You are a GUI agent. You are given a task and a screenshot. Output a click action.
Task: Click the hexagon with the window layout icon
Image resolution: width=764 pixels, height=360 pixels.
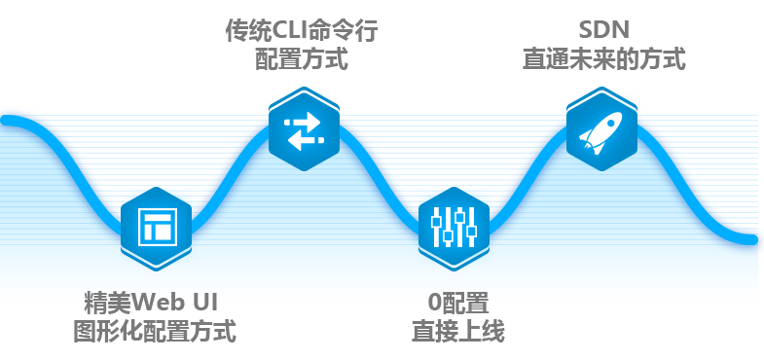coord(156,228)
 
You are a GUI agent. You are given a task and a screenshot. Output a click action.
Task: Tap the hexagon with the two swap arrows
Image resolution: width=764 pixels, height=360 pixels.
coord(303,130)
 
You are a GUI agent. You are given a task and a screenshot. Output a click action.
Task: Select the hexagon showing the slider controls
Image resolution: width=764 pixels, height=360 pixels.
coord(454,228)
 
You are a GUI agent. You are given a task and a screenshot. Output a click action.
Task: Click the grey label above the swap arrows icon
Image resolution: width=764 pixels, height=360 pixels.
coord(301,44)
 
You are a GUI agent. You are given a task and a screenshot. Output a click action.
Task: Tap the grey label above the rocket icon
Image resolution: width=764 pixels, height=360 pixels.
coord(603,46)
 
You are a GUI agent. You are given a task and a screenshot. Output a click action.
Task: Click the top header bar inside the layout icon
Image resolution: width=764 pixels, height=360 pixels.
coord(157,215)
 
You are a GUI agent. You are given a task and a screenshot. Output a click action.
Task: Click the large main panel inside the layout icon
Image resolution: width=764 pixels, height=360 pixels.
coord(162,233)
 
